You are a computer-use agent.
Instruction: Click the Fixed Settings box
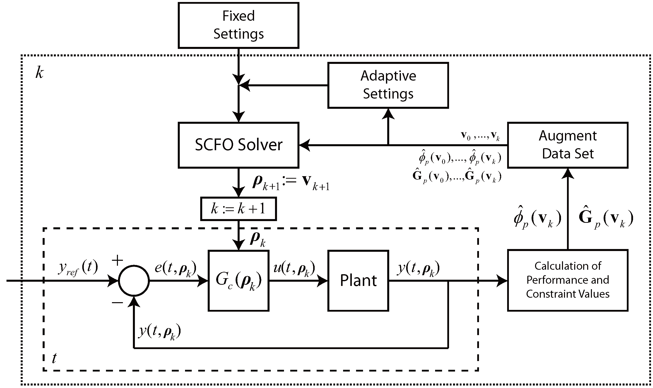(x=238, y=25)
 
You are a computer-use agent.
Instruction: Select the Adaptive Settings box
(x=388, y=85)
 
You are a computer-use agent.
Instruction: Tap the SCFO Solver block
(x=238, y=145)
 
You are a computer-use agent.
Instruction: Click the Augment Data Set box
(x=567, y=145)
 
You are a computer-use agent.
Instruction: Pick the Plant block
(x=358, y=281)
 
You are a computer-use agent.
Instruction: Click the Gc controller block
(x=238, y=281)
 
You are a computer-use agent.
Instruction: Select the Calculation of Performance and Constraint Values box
(x=567, y=280)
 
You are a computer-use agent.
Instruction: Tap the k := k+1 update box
(x=238, y=209)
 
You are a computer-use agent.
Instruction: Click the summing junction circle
(x=134, y=281)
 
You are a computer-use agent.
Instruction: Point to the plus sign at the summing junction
(x=117, y=261)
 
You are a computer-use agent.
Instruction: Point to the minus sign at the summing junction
(x=117, y=303)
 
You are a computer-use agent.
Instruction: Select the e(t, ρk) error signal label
(x=175, y=269)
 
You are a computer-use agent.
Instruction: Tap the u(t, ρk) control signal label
(x=294, y=269)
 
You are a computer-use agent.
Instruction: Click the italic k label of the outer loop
(x=39, y=72)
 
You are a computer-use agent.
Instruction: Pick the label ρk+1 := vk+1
(x=291, y=182)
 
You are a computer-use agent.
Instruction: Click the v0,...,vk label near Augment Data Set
(x=480, y=136)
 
